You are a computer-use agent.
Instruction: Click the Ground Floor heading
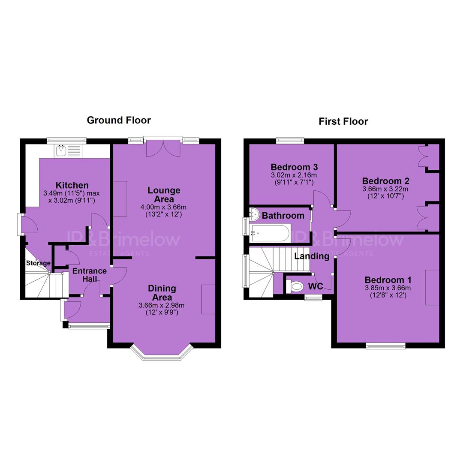coord(119,120)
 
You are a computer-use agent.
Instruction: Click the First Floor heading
coord(343,121)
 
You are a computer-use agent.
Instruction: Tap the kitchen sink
coord(68,151)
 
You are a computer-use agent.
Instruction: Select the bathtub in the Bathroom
coord(270,233)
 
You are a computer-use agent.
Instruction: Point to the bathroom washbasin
coord(254,213)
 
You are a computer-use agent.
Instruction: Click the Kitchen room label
coord(72,185)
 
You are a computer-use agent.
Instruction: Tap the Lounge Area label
coord(164,194)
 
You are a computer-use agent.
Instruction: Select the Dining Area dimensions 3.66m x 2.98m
coord(162,305)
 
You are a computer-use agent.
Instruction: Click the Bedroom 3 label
coord(294,167)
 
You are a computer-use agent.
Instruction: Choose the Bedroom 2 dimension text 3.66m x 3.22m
coord(385,189)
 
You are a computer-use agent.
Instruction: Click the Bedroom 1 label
coord(388,280)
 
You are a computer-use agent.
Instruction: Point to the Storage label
coord(38,263)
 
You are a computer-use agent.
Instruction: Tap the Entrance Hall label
coord(90,275)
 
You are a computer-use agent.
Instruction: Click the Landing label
coord(312,256)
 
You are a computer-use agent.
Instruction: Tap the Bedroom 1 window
coord(386,346)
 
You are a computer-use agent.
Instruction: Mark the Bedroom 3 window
coord(290,141)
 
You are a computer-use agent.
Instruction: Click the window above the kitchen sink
coord(66,141)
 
